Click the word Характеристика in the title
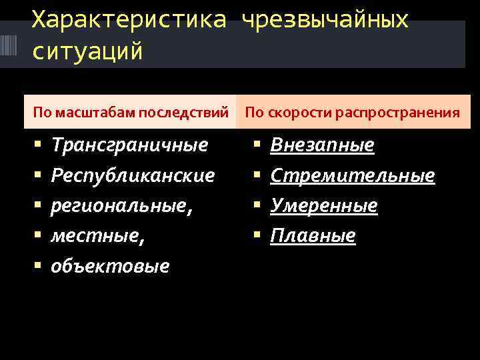[x=129, y=21]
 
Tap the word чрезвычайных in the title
[x=325, y=21]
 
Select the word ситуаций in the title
[x=87, y=51]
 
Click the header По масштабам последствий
[x=131, y=112]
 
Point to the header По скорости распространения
[x=352, y=112]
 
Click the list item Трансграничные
[x=129, y=145]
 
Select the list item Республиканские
[x=133, y=175]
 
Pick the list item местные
[x=98, y=235]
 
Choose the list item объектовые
[x=110, y=266]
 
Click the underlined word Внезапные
[x=322, y=145]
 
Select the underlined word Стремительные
[x=353, y=175]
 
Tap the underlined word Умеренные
[x=324, y=206]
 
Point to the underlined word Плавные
[x=313, y=235]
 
